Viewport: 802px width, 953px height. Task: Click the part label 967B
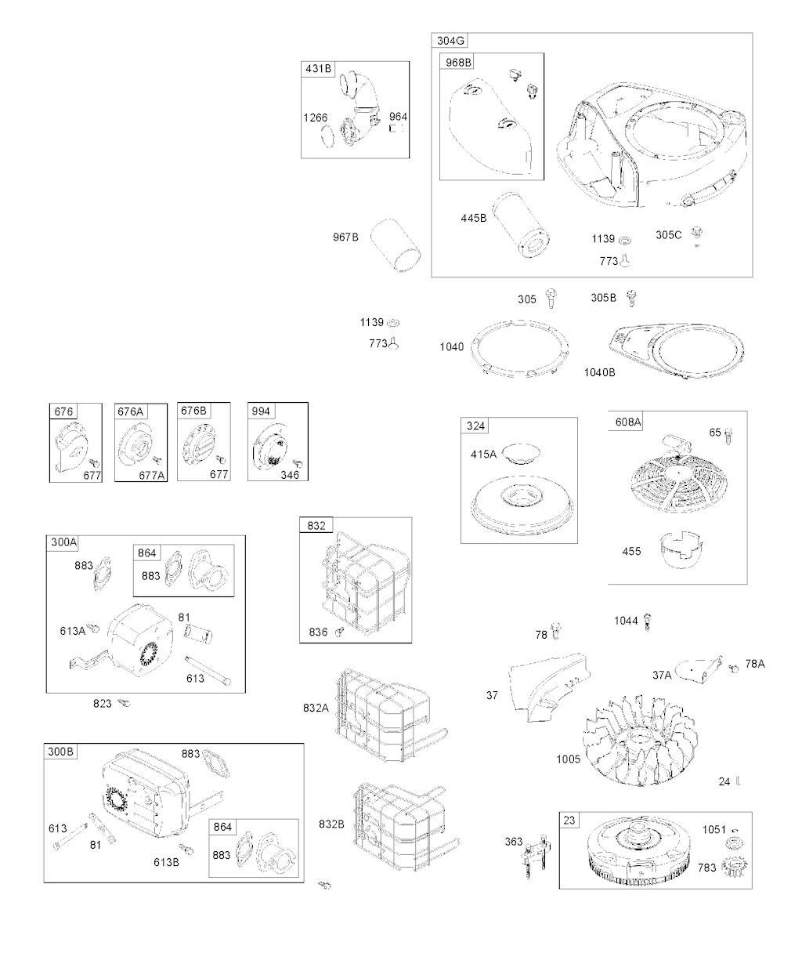tap(345, 237)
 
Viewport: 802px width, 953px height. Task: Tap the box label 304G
tap(450, 41)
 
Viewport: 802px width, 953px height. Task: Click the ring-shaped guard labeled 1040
tap(519, 349)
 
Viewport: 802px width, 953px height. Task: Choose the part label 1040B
tap(599, 372)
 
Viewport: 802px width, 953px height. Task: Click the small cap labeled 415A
tap(522, 454)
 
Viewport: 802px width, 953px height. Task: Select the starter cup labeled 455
tap(681, 550)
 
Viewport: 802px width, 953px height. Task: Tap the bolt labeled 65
tap(728, 436)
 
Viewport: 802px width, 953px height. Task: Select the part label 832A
tap(316, 708)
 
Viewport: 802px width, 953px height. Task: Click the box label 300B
tap(60, 752)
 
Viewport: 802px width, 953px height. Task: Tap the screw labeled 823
tap(124, 703)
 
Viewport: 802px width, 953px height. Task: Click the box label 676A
tap(131, 411)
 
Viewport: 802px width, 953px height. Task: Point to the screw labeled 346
tap(298, 463)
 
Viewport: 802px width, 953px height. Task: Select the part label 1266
tap(315, 118)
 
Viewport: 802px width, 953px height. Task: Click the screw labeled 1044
tap(647, 621)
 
